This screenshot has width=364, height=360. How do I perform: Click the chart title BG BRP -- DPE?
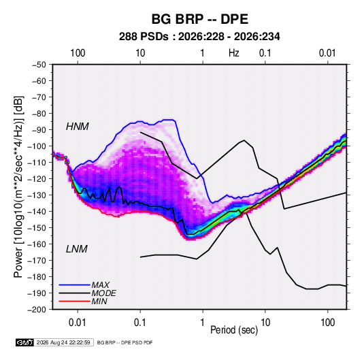coord(200,19)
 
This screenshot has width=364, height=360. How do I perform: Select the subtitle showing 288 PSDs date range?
coord(199,37)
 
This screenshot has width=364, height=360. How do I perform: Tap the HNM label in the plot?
coord(78,127)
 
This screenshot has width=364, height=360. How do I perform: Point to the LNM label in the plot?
coord(77,249)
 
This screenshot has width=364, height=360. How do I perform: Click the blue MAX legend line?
coord(75,285)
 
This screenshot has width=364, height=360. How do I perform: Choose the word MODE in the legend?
coord(104,293)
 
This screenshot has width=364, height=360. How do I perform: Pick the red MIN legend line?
coord(75,301)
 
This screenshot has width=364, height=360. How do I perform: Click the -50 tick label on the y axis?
coord(39,65)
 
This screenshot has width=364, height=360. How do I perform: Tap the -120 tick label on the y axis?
coord(37,179)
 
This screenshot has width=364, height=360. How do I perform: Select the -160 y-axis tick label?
coord(37,244)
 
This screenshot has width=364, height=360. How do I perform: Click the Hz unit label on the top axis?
coord(234,53)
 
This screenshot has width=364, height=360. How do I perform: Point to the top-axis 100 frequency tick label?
coord(78,53)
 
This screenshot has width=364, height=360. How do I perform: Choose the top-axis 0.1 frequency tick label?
coord(265,53)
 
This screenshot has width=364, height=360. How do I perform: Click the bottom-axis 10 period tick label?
coord(265,323)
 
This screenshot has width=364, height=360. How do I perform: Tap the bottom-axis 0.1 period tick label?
coord(140,323)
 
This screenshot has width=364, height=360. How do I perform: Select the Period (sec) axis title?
coord(234,330)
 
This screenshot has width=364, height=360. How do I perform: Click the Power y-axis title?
coord(18,187)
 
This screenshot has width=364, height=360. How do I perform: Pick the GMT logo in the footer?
coord(24,342)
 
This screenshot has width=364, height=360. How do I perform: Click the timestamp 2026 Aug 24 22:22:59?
coord(63,342)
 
